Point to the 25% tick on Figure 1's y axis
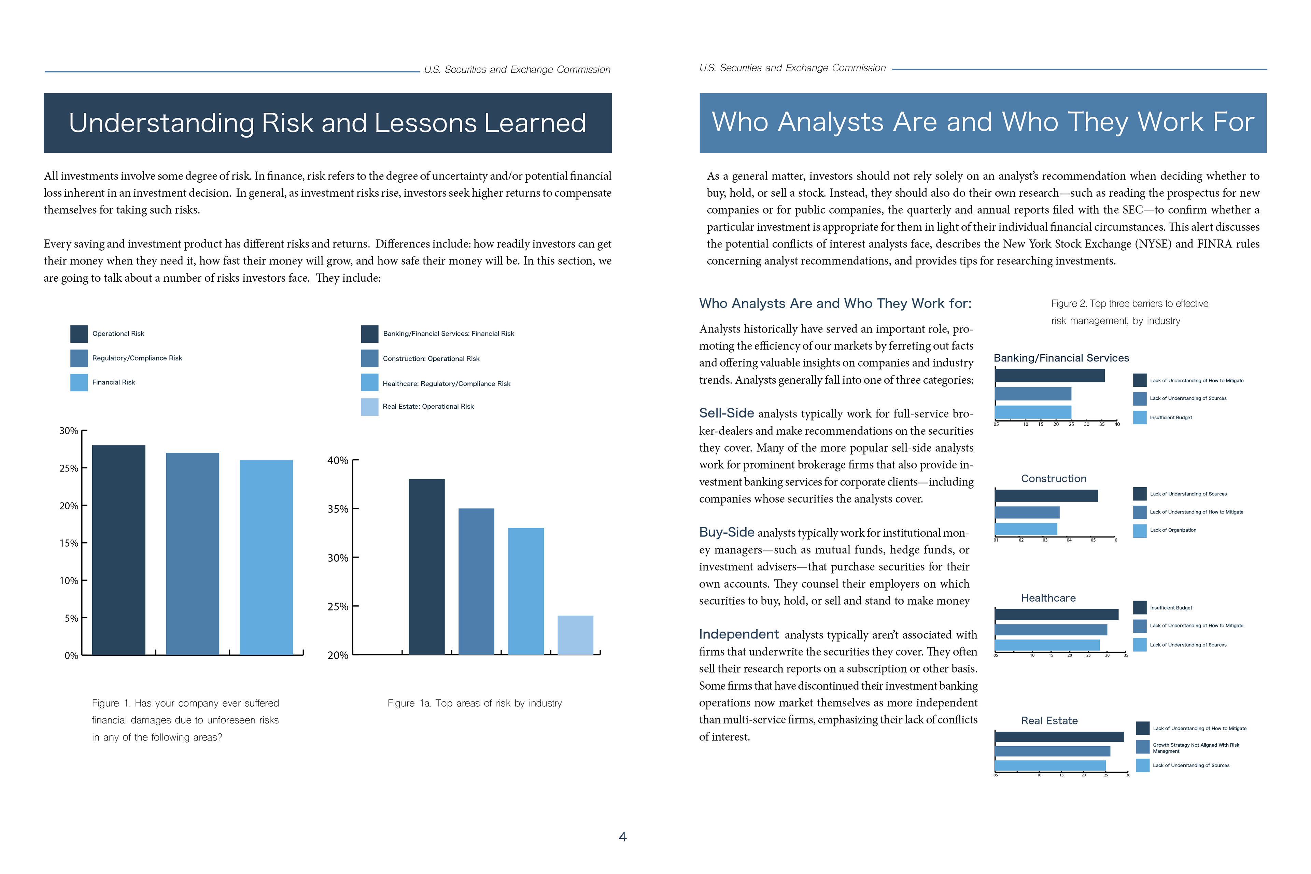click(x=69, y=468)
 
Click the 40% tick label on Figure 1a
click(x=337, y=461)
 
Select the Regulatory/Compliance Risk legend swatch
click(x=79, y=358)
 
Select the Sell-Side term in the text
click(x=726, y=413)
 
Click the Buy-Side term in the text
click(x=726, y=532)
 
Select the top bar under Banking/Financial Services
click(x=1049, y=376)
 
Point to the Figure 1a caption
click(x=474, y=703)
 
